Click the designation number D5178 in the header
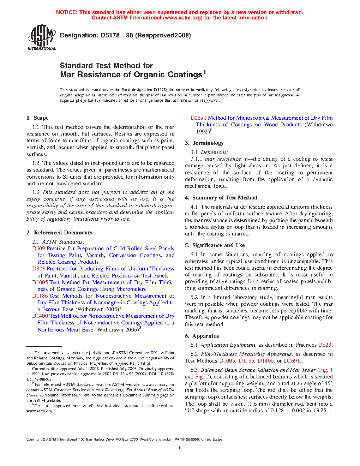pyautogui.click(x=110, y=35)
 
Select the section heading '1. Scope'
pyautogui.click(x=37, y=118)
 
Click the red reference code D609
pyautogui.click(x=38, y=249)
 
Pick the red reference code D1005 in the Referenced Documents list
pyautogui.click(x=40, y=282)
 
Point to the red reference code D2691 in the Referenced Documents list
pyautogui.click(x=198, y=118)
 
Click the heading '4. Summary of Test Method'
pyautogui.click(x=221, y=198)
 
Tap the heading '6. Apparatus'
pyautogui.click(x=202, y=336)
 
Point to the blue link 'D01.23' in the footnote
pyautogui.click(x=60, y=363)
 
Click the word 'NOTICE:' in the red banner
pyautogui.click(x=67, y=12)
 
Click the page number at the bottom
pyautogui.click(x=180, y=448)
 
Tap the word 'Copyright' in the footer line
pyautogui.click(x=34, y=440)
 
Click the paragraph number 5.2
pyautogui.click(x=194, y=297)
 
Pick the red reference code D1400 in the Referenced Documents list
pyautogui.click(x=40, y=316)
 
